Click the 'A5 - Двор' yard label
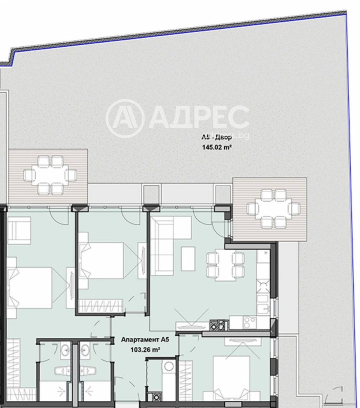coord(217,138)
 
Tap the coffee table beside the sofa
coord(188,258)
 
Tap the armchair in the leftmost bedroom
coord(19,230)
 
